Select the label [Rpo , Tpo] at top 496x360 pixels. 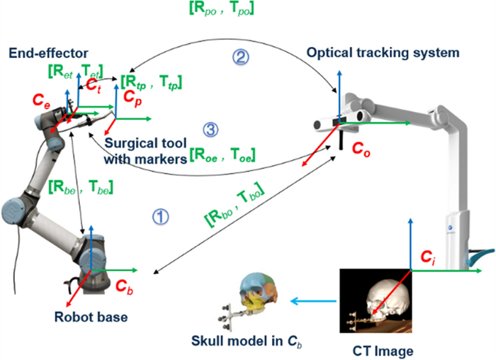click(218, 9)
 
